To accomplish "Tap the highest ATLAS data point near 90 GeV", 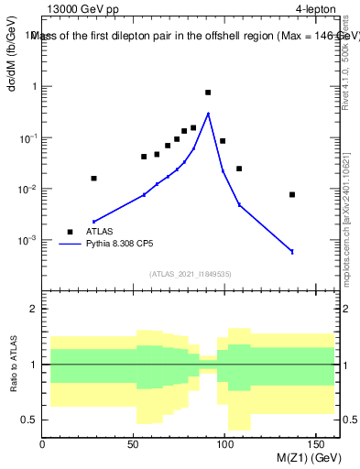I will (x=208, y=93).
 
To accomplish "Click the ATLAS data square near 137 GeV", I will (x=292, y=194).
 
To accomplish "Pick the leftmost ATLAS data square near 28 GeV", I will (x=93, y=179).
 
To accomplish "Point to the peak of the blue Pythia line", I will (x=209, y=114).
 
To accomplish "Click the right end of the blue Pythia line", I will (x=292, y=251).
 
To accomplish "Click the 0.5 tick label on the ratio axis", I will (x=28, y=420).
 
